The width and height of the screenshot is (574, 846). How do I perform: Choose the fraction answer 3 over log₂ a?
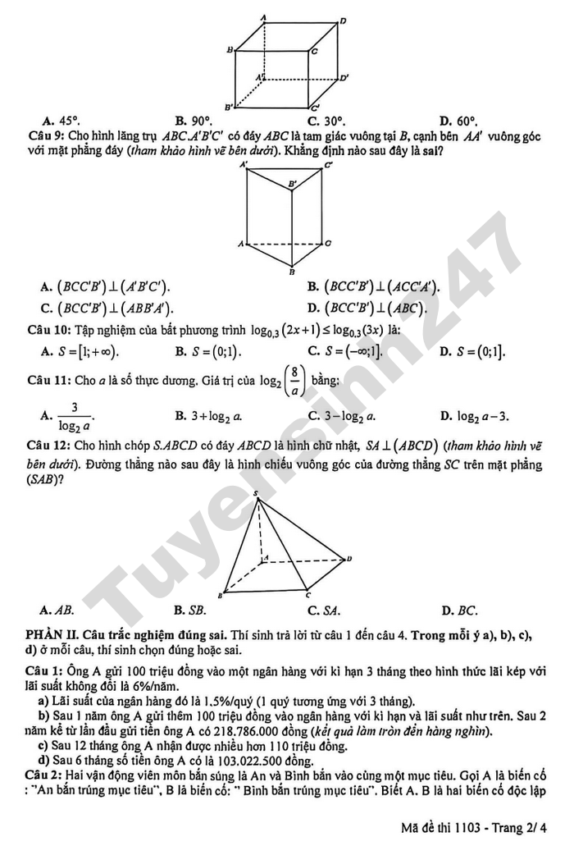[x=75, y=416]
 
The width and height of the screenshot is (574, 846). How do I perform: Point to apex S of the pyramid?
[x=257, y=494]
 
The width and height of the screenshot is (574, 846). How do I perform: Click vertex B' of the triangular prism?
[x=291, y=184]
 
